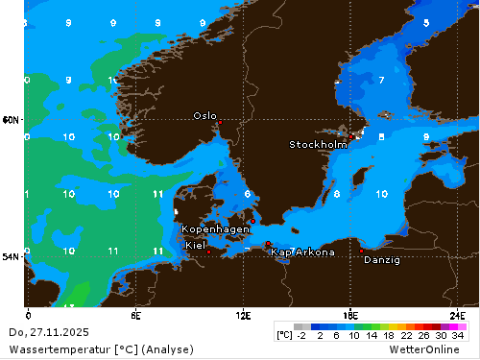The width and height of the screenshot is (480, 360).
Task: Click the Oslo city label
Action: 204,115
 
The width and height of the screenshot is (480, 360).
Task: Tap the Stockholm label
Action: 318,145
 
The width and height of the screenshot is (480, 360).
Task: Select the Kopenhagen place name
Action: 216,229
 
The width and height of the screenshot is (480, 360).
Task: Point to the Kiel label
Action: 195,245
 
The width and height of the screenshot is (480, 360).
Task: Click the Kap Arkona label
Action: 303,252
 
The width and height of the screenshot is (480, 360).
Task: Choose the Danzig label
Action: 382,259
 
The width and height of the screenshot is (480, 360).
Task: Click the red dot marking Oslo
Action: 219,122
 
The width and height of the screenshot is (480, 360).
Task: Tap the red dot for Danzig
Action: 362,251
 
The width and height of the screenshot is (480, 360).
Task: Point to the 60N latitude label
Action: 11,120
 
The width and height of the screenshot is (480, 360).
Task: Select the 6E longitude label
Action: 135,314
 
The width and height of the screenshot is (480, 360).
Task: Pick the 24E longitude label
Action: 458,314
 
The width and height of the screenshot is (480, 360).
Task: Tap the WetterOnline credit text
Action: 437,348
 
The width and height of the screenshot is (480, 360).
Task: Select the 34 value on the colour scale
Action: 458,335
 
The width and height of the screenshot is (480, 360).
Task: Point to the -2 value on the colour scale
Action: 302,335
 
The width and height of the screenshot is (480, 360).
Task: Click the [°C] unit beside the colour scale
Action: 284,335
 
